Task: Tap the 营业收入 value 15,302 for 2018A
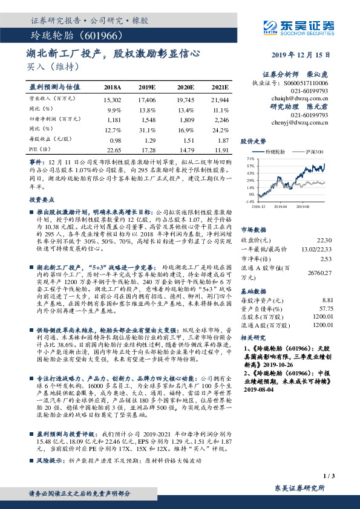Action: click(x=113, y=99)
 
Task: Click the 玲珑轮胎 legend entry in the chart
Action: click(x=272, y=152)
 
